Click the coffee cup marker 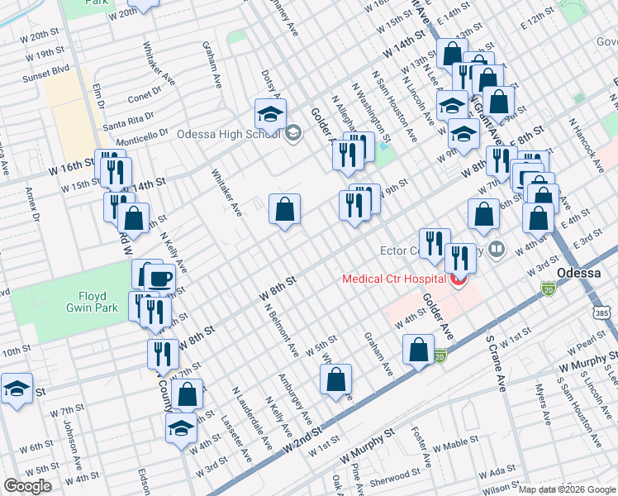[160, 278]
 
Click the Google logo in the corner [27, 486]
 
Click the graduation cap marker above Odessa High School [269, 113]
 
